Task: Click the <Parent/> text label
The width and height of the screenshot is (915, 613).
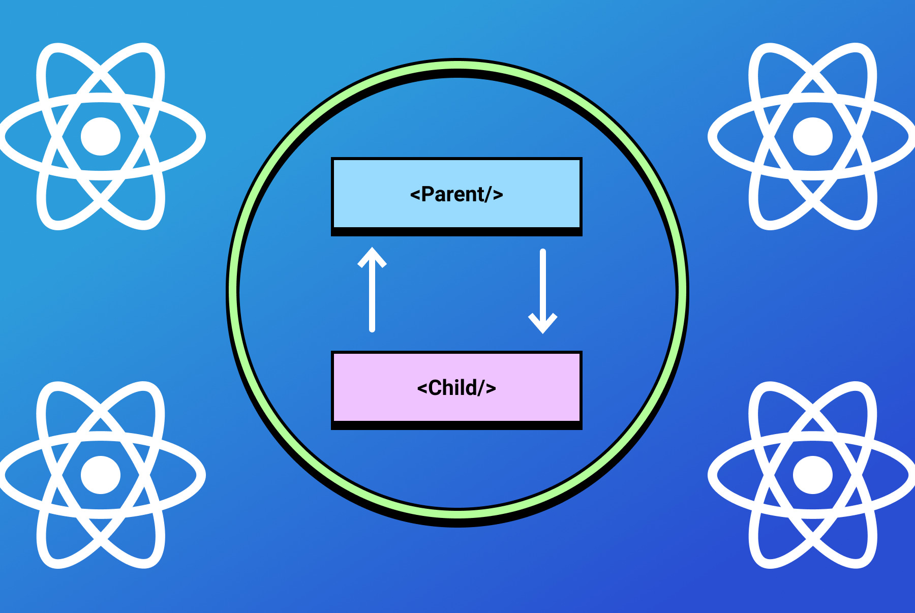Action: (456, 194)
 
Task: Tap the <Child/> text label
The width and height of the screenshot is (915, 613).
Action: (456, 388)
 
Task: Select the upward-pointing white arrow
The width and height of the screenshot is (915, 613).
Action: (372, 290)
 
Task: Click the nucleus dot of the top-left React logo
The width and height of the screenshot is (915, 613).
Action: (101, 136)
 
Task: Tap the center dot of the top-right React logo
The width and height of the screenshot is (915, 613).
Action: (812, 136)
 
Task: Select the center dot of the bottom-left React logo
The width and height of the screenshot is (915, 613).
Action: (101, 475)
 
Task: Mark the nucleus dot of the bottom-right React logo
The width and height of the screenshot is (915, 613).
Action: (812, 475)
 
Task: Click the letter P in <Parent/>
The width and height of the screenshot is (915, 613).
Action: (428, 194)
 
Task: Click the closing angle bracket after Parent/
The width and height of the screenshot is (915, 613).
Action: (498, 195)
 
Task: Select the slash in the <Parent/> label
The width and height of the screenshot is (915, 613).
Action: (488, 194)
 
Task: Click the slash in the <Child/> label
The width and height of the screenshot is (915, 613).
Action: (481, 388)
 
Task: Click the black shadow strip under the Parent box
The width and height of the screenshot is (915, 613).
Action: (456, 232)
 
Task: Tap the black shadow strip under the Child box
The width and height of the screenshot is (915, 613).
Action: (456, 426)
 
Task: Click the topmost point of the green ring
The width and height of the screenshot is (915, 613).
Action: (457, 65)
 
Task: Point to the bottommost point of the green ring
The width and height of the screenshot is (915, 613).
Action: (457, 514)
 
